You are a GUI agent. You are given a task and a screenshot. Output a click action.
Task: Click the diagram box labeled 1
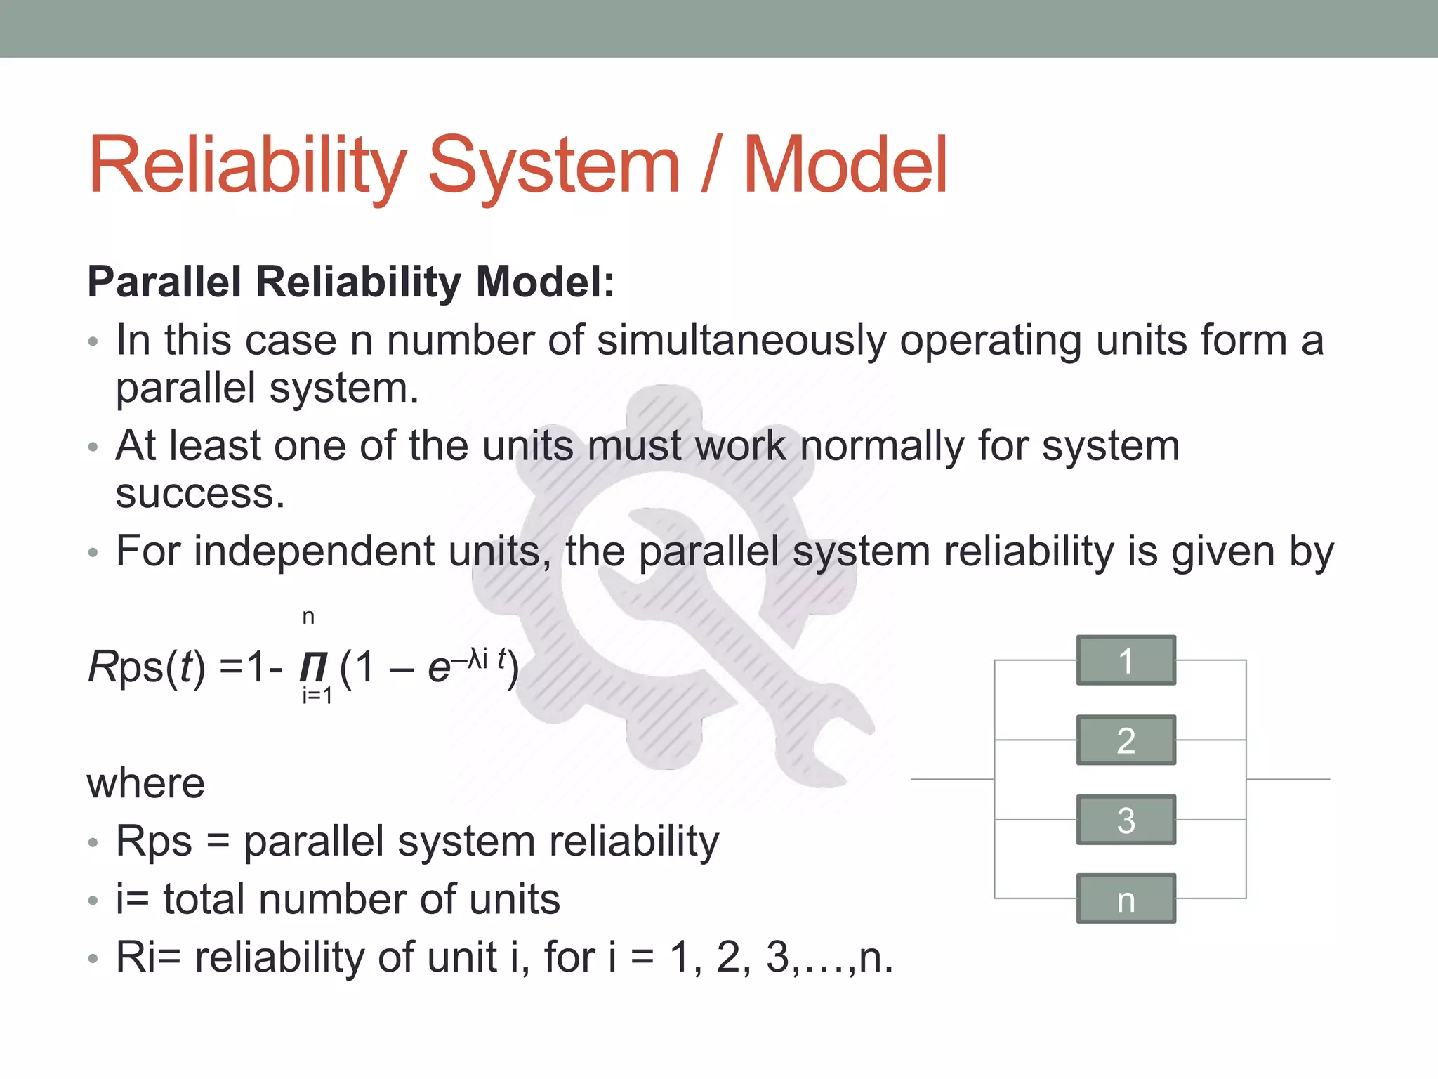[1126, 660]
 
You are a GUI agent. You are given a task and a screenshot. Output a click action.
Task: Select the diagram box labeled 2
[1126, 740]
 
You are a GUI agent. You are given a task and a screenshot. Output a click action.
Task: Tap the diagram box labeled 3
[1126, 820]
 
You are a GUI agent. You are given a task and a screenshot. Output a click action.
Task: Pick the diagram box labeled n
[1126, 899]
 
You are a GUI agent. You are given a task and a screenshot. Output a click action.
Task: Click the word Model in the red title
[845, 166]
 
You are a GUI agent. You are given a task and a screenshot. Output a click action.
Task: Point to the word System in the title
[553, 166]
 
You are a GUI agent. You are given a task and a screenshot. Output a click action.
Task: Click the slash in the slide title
[711, 166]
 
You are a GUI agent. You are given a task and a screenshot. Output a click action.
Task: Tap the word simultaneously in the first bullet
[741, 341]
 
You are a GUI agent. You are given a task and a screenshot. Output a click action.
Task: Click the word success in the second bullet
[200, 494]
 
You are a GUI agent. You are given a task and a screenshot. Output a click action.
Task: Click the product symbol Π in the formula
[313, 668]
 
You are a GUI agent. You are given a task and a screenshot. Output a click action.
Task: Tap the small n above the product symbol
[308, 617]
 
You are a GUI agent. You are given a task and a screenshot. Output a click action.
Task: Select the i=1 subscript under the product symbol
[317, 696]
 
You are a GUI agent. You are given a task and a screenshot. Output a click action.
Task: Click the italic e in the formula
[438, 668]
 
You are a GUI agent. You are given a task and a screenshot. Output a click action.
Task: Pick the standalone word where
[146, 783]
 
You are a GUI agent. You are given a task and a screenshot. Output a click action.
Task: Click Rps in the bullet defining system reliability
[153, 841]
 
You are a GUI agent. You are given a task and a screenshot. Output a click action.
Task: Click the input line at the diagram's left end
[951, 779]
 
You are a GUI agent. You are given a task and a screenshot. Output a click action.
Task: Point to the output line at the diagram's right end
[1288, 779]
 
